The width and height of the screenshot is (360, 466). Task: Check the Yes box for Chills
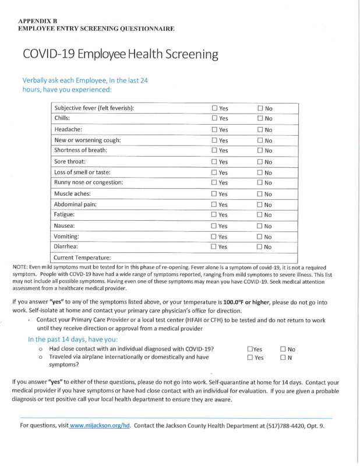[x=214, y=119]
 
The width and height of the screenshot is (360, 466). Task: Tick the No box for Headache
[x=260, y=130]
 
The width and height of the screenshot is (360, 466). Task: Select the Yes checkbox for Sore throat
[x=214, y=162]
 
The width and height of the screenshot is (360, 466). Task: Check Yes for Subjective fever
[x=214, y=108]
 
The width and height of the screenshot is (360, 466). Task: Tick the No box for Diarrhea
[x=260, y=248]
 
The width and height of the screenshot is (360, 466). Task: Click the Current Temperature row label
[x=82, y=257]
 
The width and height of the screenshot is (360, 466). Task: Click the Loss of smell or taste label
[x=82, y=172]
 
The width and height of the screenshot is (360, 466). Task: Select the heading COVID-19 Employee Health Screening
[x=121, y=55]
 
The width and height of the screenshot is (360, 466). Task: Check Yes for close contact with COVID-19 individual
[x=250, y=349]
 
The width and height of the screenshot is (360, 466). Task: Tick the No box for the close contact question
[x=283, y=349]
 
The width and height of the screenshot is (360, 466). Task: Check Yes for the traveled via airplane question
[x=250, y=358]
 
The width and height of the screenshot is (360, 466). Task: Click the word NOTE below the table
[x=22, y=267]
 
